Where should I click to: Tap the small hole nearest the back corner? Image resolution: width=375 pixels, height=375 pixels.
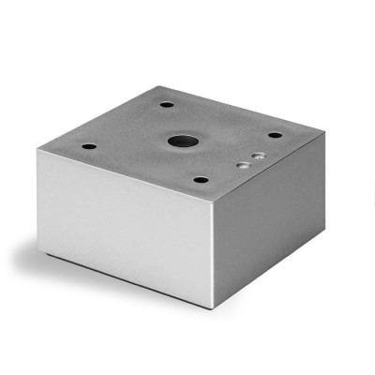point(166,103)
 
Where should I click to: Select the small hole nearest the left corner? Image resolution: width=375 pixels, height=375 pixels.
point(88,146)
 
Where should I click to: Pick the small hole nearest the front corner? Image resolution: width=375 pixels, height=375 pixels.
point(201,179)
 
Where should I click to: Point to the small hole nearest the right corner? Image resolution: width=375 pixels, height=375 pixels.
point(274,134)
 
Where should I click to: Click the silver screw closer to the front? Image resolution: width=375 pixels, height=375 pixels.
point(243,163)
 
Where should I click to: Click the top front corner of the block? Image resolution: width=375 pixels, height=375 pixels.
point(217,200)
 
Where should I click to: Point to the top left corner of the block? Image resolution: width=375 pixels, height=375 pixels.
point(42,149)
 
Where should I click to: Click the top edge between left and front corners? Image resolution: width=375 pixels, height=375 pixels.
point(129,174)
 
